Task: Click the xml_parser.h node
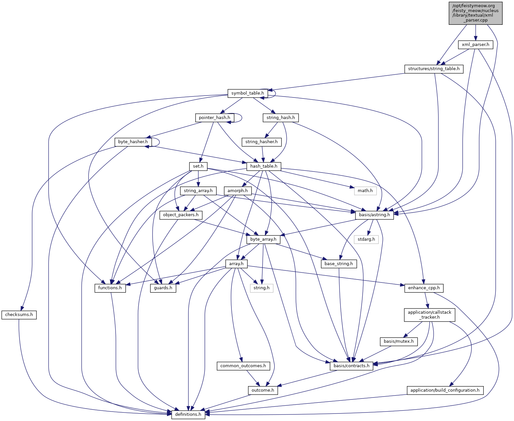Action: coord(475,45)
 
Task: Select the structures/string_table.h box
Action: coord(434,69)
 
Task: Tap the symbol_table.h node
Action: coord(247,93)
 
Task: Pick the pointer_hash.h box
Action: coord(214,118)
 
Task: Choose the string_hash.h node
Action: coord(281,118)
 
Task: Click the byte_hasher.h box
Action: coord(133,142)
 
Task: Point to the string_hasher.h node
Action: coord(261,142)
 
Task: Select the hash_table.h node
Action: coord(264,166)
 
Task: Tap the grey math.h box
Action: coord(365,191)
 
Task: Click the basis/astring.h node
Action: coord(374,215)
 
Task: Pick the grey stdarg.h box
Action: coord(366,239)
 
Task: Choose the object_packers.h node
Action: coord(181,215)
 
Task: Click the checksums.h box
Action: coord(19,315)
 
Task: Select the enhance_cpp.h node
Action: coord(424,288)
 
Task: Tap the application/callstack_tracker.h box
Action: coord(429,315)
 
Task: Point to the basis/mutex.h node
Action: coord(398,341)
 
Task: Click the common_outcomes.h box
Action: coord(243,366)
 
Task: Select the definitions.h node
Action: coord(188,414)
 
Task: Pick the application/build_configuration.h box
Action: coord(445,390)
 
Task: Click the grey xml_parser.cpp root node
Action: coord(475,13)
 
